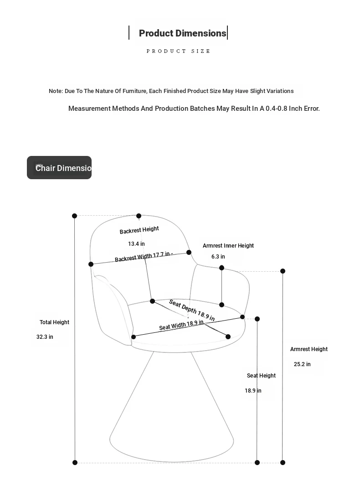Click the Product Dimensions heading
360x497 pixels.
183,33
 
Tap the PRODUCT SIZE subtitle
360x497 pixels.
178,51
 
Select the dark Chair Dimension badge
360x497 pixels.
59,168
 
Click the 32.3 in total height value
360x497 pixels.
45,337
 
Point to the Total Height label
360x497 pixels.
54,322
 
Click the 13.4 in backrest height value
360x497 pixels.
136,244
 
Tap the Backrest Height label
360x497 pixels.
139,230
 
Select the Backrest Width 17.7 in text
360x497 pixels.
143,257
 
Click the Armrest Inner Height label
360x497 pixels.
228,246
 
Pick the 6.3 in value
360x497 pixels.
218,256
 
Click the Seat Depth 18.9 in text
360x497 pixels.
192,310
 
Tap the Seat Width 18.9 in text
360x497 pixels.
181,325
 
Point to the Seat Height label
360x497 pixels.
261,376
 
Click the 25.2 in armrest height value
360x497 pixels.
302,364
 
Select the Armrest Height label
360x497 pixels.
309,349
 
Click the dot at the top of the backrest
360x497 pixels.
139,216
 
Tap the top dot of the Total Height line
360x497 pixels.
74,216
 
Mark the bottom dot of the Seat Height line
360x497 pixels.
257,462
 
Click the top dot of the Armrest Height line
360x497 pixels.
283,271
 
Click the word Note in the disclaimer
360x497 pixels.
56,91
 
